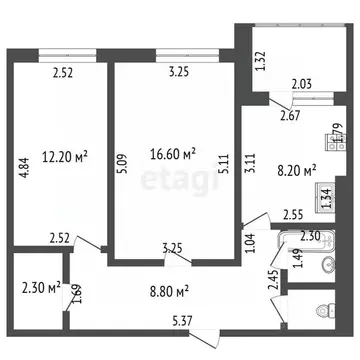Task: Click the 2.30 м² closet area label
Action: tap(39, 289)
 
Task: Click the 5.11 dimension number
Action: tap(227, 164)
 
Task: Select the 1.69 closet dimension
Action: tap(67, 293)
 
